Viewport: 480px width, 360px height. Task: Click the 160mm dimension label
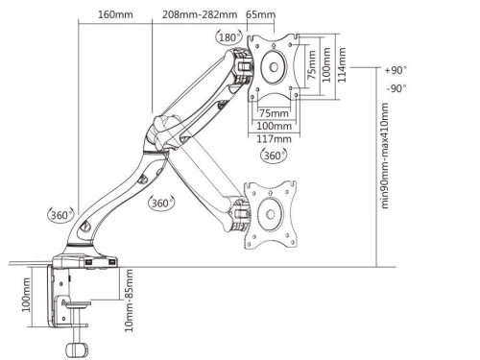[x=116, y=14]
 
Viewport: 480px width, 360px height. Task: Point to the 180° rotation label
[x=228, y=36]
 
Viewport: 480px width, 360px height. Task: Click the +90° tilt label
[x=393, y=71]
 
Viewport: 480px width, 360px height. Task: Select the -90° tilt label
[x=393, y=88]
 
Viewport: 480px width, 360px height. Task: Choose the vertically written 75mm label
[x=312, y=73]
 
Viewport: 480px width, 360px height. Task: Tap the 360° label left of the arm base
[x=58, y=213]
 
